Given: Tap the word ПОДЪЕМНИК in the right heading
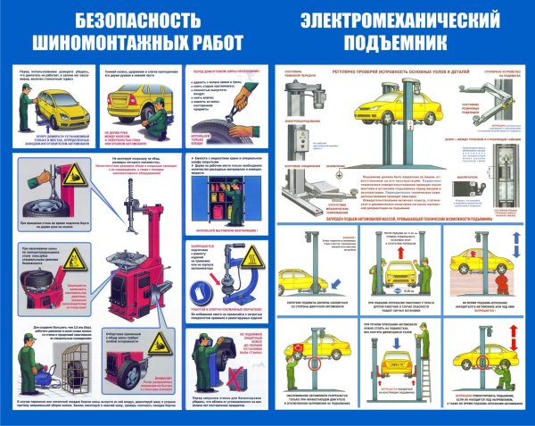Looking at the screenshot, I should tap(394, 43).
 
